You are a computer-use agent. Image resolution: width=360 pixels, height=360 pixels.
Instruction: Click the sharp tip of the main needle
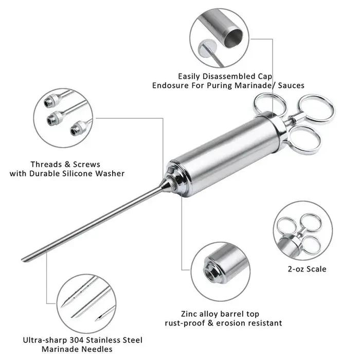[x=22, y=260]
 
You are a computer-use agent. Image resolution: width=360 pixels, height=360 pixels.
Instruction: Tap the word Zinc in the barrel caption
[x=189, y=314]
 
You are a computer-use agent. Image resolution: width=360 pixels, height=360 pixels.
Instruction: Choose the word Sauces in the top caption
[x=291, y=85]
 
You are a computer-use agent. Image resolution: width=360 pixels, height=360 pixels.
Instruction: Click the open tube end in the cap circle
[x=233, y=38]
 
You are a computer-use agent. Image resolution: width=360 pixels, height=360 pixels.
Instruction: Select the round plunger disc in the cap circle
[x=208, y=48]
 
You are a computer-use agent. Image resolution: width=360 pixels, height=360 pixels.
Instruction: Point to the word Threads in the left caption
[x=47, y=165]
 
